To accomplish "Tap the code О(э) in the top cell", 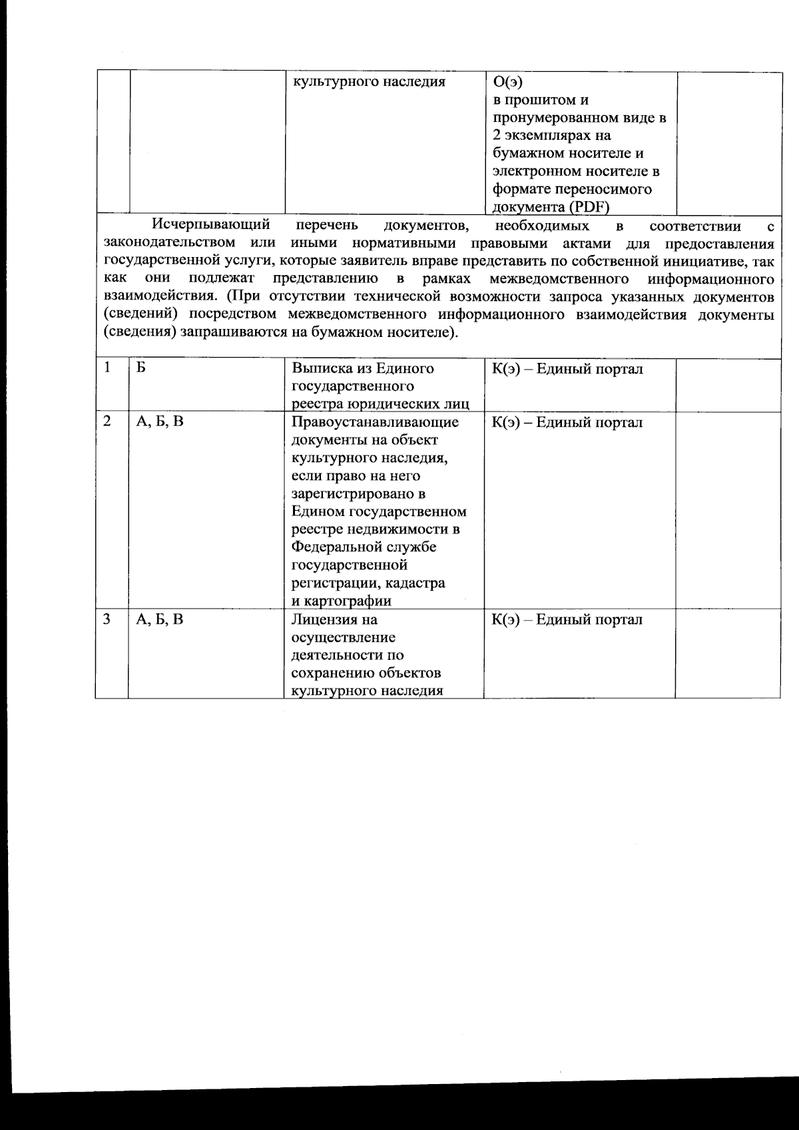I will click(x=507, y=83).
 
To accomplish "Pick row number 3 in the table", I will click(x=107, y=619).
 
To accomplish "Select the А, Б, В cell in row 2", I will click(x=160, y=421).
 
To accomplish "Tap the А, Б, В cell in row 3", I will click(x=160, y=619).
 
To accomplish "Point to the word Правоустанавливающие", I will click(x=375, y=422).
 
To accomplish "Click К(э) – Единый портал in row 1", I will click(x=567, y=369).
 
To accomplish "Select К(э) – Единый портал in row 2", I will click(x=567, y=422).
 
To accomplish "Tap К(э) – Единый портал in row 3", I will click(x=567, y=619).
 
